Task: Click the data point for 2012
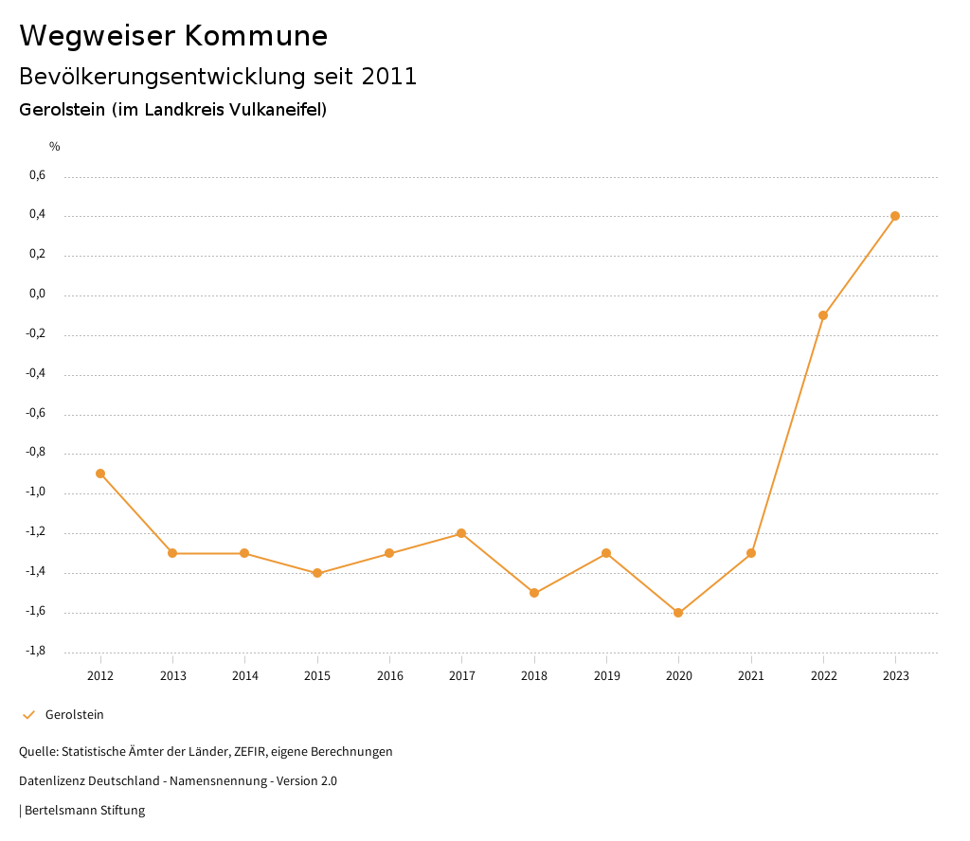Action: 100,474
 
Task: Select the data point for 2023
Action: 895,216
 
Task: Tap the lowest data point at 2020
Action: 678,613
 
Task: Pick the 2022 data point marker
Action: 823,315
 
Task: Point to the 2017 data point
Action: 461,533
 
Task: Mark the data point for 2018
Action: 534,593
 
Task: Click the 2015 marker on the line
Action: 317,573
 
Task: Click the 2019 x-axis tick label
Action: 606,675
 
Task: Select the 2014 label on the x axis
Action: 245,675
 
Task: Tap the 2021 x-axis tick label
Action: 751,675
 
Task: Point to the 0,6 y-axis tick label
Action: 38,175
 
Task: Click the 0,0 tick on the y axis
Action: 38,295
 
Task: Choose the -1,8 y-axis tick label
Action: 37,651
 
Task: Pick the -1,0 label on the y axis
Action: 37,492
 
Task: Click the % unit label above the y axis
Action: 55,146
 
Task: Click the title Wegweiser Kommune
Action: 173,36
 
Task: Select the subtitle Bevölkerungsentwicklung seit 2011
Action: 218,77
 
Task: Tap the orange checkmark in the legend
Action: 28,715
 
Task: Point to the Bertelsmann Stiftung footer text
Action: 84,811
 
